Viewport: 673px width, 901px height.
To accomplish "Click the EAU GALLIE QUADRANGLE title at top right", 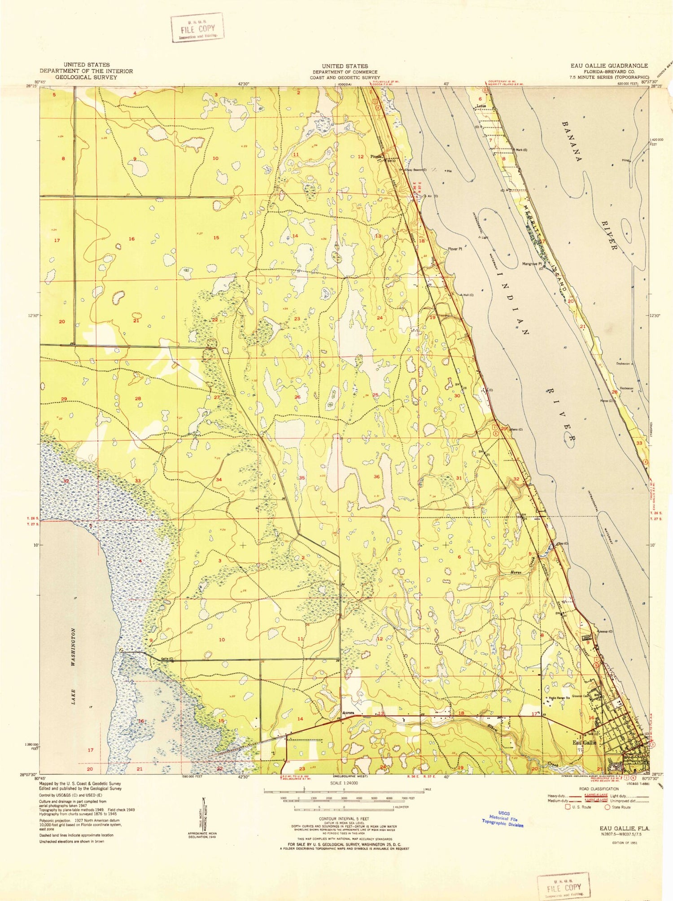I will (609, 66).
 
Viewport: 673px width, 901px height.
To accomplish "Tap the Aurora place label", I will (348, 712).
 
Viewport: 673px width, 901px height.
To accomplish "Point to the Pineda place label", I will (376, 157).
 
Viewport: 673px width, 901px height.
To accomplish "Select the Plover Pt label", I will (454, 249).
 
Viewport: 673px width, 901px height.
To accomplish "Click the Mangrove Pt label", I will (532, 264).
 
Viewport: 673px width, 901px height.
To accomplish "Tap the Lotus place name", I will (481, 106).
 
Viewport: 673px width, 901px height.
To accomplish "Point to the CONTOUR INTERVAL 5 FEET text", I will (344, 819).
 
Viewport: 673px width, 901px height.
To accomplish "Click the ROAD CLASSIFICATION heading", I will (598, 789).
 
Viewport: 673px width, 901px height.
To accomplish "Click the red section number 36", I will (376, 477).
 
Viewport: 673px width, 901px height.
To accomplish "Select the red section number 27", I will (217, 397).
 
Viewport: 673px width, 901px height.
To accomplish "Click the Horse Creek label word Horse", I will (515, 572).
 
